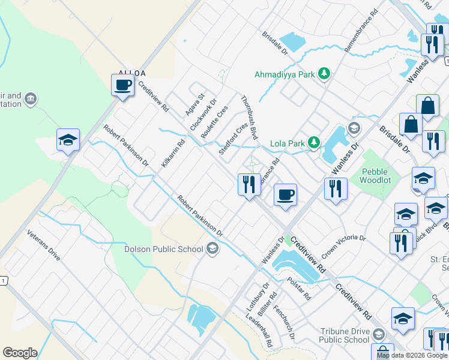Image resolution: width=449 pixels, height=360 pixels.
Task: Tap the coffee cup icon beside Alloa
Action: click(123, 85)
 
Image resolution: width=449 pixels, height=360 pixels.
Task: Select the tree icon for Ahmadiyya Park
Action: click(324, 74)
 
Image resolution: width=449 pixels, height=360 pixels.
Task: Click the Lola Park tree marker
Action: click(313, 143)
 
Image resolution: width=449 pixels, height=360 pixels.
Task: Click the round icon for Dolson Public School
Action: click(212, 248)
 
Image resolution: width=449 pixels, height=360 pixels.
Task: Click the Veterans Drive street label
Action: click(44, 245)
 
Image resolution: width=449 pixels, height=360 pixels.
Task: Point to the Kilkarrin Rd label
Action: click(173, 152)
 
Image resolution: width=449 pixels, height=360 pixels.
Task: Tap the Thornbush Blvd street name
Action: click(249, 118)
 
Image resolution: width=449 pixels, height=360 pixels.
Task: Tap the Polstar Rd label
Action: click(298, 289)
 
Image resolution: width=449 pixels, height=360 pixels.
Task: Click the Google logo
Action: click(20, 353)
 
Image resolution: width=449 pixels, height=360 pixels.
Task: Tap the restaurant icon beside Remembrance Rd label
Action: click(249, 184)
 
